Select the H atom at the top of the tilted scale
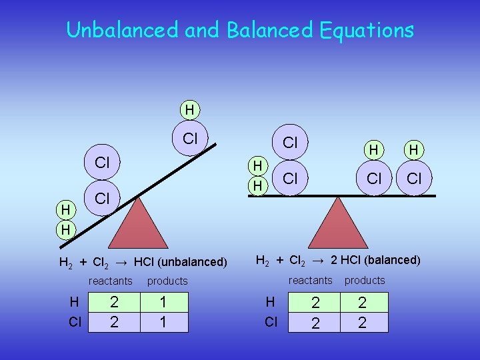click(190, 109)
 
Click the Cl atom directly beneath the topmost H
click(190, 139)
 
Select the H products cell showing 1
click(163, 303)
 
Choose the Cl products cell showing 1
click(163, 322)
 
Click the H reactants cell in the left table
click(114, 303)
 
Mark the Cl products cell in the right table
click(363, 323)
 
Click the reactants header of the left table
click(111, 281)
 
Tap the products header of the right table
click(365, 280)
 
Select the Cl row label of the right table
click(271, 322)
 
